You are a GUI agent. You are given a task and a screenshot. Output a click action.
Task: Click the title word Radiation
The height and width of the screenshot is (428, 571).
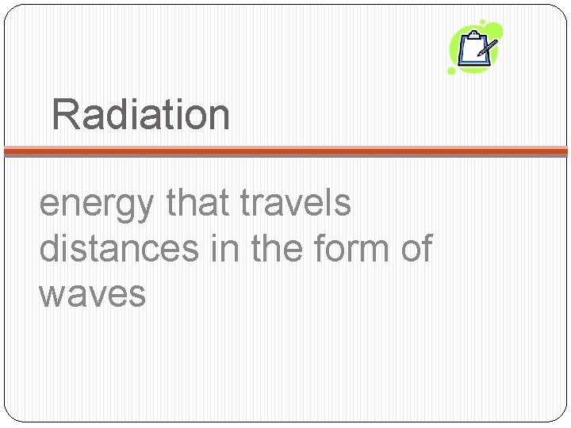click(x=141, y=114)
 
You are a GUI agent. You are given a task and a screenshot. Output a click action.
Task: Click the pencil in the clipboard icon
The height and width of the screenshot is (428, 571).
click(x=487, y=47)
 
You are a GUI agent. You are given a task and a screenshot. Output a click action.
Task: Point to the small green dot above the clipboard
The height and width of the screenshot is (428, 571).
click(x=482, y=23)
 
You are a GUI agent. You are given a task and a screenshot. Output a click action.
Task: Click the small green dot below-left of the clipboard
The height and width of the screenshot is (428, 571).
click(x=451, y=71)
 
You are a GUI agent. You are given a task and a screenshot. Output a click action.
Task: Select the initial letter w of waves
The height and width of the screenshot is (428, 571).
click(x=52, y=295)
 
